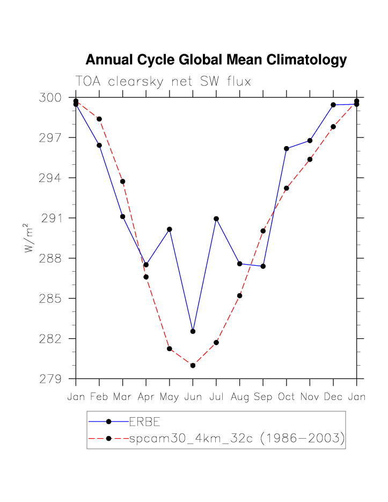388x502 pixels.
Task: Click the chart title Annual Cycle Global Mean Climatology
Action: click(216, 60)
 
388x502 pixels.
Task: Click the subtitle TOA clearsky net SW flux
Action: click(163, 82)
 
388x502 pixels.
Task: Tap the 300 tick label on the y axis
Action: click(50, 98)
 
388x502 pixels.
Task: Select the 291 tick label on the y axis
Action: click(50, 218)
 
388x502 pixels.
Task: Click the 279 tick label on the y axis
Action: click(50, 379)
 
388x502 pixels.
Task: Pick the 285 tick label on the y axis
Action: click(50, 299)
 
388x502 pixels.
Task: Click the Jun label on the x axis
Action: click(193, 397)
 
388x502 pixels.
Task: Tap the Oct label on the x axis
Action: click(286, 397)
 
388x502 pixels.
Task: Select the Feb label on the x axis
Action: click(99, 397)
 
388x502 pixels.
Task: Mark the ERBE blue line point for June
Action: click(193, 331)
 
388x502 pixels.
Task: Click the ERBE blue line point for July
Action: click(216, 219)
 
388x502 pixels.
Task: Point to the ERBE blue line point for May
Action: click(170, 229)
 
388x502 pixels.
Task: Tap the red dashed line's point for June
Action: click(193, 365)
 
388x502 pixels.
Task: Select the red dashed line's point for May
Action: click(170, 349)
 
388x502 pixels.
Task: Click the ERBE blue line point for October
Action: click(287, 148)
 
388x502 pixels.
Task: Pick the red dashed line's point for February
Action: click(99, 119)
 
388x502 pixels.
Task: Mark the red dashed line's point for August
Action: click(239, 296)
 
